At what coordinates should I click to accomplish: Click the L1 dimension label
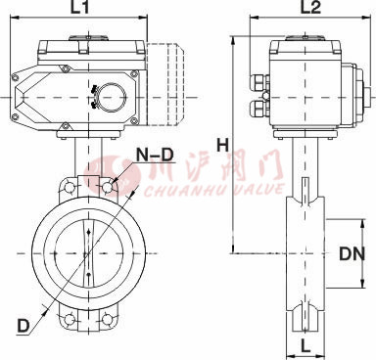click(80, 9)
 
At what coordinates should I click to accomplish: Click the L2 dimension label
click(309, 9)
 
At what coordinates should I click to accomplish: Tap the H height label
click(222, 145)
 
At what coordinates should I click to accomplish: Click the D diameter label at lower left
click(21, 322)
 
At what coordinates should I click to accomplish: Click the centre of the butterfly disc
click(90, 251)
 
